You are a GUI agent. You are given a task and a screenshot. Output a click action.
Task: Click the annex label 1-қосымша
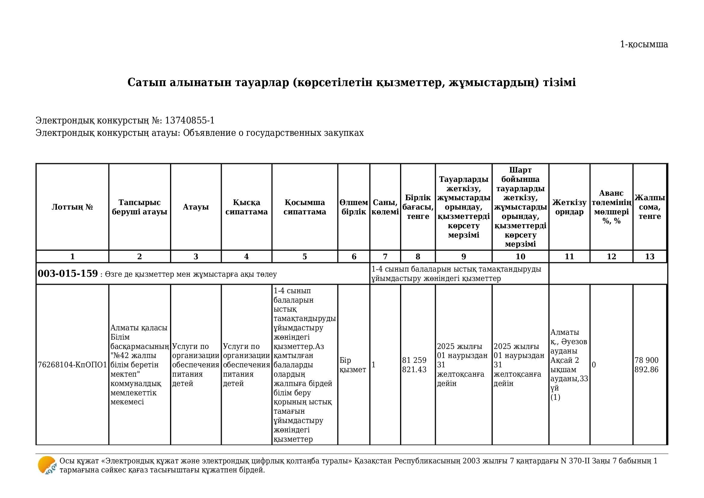point(644,45)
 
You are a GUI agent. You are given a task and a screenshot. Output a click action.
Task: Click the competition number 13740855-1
point(190,120)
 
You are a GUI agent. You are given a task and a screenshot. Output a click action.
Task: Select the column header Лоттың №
point(72,207)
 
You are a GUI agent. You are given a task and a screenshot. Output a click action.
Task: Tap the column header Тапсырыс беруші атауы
point(140,207)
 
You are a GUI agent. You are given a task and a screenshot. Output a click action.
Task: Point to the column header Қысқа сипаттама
point(246,207)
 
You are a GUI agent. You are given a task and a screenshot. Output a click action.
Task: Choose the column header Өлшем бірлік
point(354,207)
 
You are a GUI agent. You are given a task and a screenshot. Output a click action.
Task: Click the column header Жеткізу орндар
point(569,207)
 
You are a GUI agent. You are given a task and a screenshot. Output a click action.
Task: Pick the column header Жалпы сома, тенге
point(650,207)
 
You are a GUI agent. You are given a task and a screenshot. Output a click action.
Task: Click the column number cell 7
point(385,257)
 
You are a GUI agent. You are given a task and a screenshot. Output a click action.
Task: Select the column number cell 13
point(650,257)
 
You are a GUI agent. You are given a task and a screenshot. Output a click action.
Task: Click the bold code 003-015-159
point(68,273)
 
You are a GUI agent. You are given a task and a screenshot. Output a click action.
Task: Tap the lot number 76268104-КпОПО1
point(72,365)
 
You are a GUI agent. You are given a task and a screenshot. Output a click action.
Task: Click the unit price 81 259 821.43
point(414,365)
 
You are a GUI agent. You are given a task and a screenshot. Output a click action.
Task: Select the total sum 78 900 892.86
point(646,365)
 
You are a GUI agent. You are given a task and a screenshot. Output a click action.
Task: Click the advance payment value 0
point(594,365)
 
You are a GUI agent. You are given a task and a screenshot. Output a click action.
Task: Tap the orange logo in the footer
point(47,465)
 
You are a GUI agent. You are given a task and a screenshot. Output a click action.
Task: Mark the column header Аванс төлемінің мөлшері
point(611,207)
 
